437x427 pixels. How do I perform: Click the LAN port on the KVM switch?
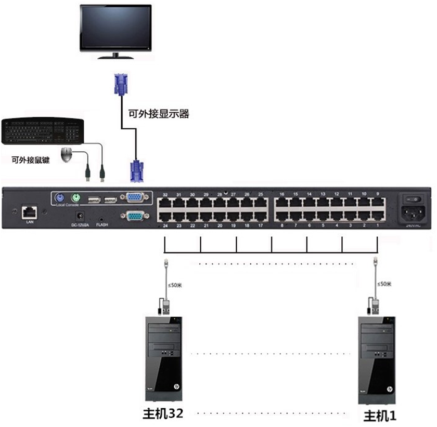28,212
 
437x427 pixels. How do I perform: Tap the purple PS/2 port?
59,198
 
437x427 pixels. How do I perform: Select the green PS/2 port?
75,198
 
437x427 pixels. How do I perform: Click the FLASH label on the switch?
102,225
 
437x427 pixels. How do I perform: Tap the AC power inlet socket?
414,213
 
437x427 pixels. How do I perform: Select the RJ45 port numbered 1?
378,215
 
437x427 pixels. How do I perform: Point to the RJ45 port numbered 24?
165,215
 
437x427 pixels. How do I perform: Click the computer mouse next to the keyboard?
66,154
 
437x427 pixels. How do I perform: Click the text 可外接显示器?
158,113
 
